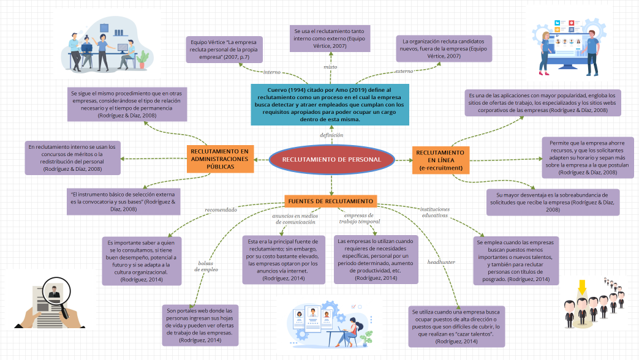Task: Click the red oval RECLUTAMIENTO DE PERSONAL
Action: (331, 160)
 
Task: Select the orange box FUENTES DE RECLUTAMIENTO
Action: (330, 201)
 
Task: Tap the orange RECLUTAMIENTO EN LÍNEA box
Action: (440, 160)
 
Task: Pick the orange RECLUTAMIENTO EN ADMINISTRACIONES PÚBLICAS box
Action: (219, 159)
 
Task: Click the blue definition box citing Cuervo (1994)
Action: (331, 105)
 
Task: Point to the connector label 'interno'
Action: (271, 72)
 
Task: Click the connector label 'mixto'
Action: (330, 66)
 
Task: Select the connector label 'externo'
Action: (404, 71)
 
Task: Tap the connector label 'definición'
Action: (331, 134)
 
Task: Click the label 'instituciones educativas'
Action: (434, 212)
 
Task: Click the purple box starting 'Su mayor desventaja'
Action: (553, 202)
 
